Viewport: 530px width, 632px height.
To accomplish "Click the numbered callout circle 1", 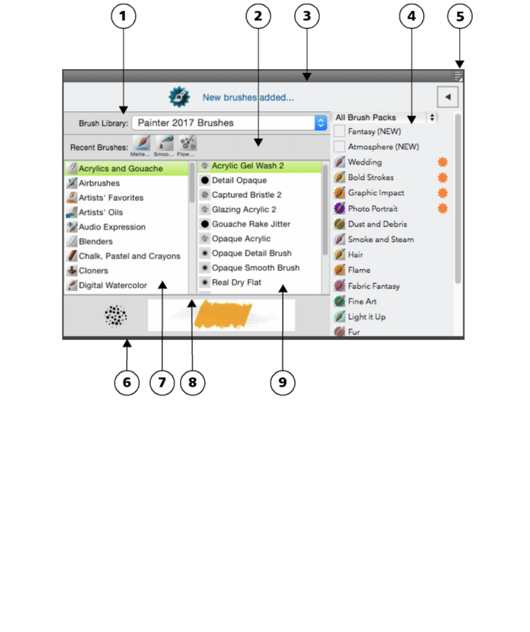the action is [x=123, y=16].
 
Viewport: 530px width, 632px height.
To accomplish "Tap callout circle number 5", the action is [x=460, y=16].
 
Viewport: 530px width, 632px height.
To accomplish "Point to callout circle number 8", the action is [x=192, y=383].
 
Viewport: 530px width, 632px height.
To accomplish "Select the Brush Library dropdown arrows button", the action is [x=320, y=123].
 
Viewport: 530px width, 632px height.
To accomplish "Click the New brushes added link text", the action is [x=248, y=97].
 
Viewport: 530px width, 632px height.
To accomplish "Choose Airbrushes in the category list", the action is [x=99, y=183].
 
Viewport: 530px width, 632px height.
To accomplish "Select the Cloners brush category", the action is [x=93, y=271].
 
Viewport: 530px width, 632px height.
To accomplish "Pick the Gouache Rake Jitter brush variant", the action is [x=251, y=224].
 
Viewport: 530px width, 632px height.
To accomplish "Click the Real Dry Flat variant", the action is [x=236, y=282].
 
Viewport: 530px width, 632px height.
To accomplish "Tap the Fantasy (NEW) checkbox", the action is [x=339, y=131].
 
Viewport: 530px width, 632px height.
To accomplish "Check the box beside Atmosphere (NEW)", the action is [x=339, y=146].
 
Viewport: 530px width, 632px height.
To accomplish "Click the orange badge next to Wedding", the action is [x=443, y=162].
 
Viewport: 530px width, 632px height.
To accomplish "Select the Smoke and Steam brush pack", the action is [x=380, y=239].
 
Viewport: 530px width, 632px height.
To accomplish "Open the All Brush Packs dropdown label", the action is [x=366, y=117].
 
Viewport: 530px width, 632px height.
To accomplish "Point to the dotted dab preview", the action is [x=116, y=315].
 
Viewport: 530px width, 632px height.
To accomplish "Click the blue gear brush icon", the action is [x=179, y=97].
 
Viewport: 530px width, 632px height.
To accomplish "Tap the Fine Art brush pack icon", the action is [x=340, y=301].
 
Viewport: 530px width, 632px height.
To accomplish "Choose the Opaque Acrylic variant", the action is [x=241, y=239].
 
